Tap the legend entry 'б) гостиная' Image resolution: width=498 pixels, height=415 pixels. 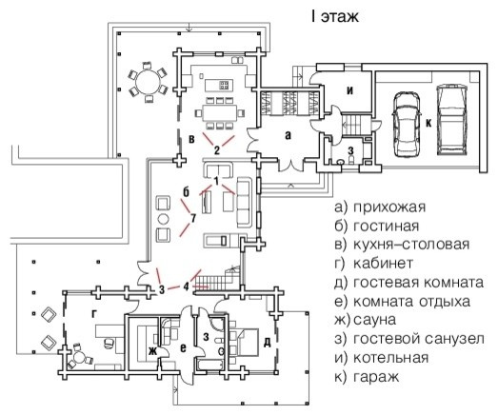tap(377, 226)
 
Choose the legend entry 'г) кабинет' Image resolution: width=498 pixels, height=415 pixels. tap(374, 264)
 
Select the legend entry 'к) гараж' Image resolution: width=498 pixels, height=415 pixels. tap(369, 377)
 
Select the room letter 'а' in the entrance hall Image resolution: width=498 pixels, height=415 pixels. tap(286, 136)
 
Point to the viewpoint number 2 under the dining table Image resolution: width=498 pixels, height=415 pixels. tap(217, 149)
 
